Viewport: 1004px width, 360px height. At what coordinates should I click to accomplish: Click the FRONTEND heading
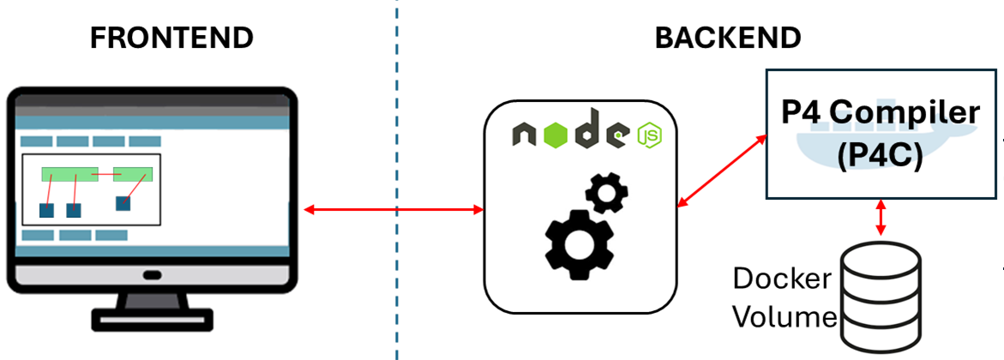click(172, 39)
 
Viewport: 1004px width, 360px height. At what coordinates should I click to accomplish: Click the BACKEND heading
click(728, 39)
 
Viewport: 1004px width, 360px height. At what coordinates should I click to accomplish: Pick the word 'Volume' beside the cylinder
click(785, 317)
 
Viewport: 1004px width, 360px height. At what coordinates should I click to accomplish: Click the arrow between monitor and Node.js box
click(394, 209)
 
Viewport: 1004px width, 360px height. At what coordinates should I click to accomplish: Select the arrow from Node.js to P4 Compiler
click(721, 170)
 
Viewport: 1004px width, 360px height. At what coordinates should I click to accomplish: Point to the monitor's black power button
click(152, 276)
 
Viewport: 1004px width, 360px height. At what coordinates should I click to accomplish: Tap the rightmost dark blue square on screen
click(123, 203)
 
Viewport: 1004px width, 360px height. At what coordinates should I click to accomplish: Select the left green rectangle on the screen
click(69, 174)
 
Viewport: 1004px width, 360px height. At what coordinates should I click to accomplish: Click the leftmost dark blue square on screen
click(46, 210)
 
